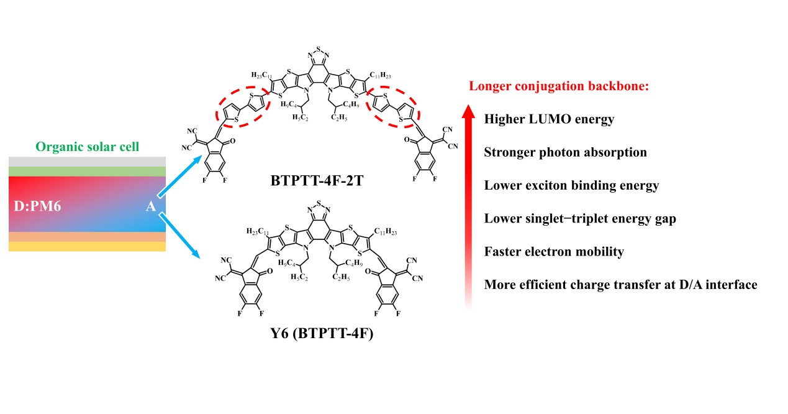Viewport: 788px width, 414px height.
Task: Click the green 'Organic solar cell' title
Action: (87, 148)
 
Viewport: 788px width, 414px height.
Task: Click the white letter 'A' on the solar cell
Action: (150, 206)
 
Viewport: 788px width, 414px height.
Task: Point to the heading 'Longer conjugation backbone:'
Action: (559, 86)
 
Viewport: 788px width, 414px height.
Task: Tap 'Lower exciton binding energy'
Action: (571, 185)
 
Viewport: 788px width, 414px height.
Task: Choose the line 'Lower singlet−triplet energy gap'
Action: (580, 218)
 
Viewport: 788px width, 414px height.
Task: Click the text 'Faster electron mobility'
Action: (554, 252)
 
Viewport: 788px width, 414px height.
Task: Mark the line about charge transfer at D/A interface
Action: (620, 285)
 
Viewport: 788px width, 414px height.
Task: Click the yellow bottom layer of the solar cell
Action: (87, 246)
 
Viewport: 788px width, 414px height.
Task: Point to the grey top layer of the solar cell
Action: (87, 162)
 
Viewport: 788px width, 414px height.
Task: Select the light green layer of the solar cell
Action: (87, 171)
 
